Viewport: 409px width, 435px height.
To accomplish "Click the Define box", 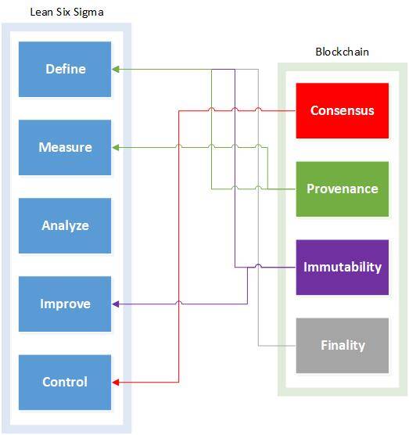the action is (x=65, y=69).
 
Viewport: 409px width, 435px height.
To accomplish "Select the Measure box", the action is (x=65, y=147).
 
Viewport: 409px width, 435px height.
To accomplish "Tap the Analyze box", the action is (x=65, y=225).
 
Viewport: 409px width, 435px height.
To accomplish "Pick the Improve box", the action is (x=65, y=304).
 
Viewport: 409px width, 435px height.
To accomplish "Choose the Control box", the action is (x=65, y=382).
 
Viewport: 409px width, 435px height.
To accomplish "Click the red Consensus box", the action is (x=343, y=110).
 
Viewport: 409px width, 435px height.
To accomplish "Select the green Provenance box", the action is (x=343, y=189).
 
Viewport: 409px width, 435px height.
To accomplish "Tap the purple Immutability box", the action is (x=343, y=267).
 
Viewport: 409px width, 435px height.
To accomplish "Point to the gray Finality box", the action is (x=343, y=345).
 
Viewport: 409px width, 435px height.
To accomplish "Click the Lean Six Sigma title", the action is (x=66, y=13).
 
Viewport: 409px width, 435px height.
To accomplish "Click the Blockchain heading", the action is (x=343, y=52).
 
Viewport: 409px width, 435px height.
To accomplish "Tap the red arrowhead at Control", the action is (x=116, y=383).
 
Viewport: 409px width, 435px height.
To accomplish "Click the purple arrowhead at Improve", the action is (x=116, y=304).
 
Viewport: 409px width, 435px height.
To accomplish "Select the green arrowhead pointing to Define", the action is (x=116, y=69).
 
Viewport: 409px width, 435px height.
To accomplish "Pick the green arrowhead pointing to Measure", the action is (x=116, y=148).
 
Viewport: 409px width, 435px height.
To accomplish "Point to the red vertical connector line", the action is (x=179, y=246).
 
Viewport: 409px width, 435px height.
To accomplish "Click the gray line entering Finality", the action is (x=277, y=346).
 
